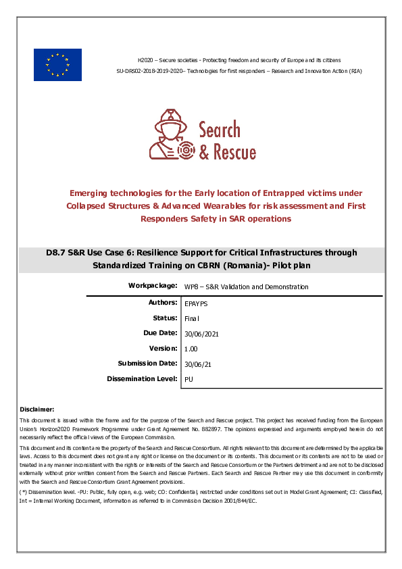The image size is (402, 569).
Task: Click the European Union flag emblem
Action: (x=57, y=65)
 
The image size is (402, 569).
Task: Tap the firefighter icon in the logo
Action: (x=169, y=133)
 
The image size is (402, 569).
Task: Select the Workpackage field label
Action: (x=153, y=286)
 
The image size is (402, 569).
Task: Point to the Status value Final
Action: (x=192, y=318)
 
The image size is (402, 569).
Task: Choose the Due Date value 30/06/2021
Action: (x=201, y=334)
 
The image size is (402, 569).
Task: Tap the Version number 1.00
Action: (x=191, y=349)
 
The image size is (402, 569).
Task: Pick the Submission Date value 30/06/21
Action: (x=198, y=364)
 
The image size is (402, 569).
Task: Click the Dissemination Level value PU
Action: (x=189, y=380)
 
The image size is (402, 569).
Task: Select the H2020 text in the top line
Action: (x=145, y=60)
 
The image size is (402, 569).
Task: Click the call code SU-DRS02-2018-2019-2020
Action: (x=150, y=71)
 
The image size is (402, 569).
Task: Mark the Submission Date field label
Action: (x=147, y=364)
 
